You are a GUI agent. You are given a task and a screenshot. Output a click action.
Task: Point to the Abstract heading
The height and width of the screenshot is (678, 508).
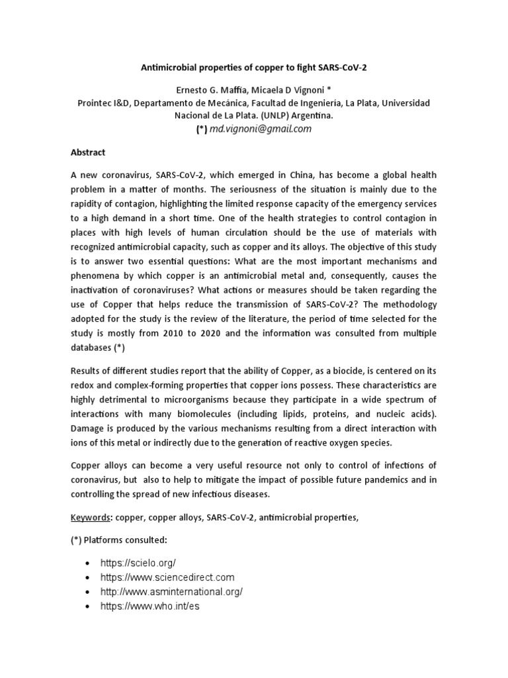point(88,152)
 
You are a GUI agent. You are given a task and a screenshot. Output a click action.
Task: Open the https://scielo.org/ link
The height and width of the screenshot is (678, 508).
point(138,562)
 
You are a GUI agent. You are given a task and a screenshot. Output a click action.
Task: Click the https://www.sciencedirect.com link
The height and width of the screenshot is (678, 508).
point(167,577)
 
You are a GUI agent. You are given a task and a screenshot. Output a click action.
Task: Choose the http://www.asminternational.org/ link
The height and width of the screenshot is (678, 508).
point(171,592)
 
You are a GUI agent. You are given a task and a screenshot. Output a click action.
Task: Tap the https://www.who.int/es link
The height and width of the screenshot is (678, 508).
point(149,606)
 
